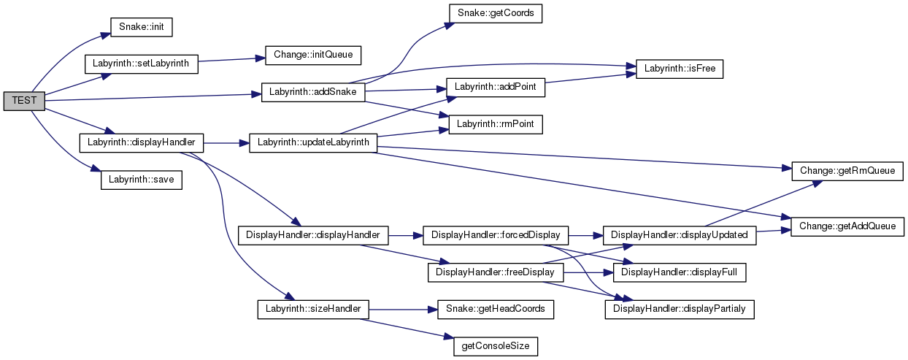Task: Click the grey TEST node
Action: pos(24,102)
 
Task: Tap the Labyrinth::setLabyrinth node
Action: pos(142,63)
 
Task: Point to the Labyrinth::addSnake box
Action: pos(312,93)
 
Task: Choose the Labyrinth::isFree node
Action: pos(679,69)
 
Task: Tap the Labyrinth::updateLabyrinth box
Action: pos(312,142)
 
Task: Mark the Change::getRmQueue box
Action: pos(847,171)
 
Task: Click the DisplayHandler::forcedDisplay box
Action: pos(496,235)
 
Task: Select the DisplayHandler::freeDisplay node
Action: pos(496,272)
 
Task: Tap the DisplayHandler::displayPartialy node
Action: pos(679,310)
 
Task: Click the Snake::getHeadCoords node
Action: pos(495,309)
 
